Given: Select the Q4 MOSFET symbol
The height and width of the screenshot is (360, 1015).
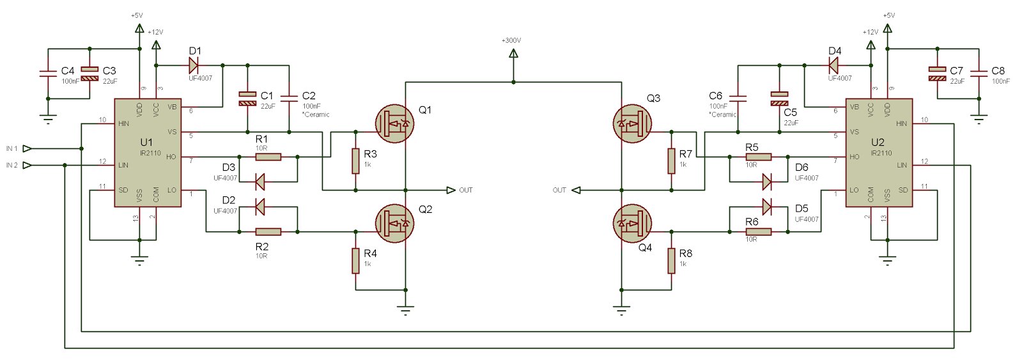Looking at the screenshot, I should [632, 223].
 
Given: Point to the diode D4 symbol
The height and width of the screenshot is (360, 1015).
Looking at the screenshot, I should [833, 65].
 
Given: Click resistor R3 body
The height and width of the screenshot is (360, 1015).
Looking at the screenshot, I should [355, 161].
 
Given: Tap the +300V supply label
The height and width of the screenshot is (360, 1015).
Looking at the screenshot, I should [511, 40].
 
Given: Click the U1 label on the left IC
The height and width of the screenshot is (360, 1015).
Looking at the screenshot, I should [146, 141].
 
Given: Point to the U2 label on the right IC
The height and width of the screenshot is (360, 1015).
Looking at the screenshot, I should [878, 141].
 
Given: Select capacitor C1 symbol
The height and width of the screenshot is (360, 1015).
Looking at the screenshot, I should [247, 98].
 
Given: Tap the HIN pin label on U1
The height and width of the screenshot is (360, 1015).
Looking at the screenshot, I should [125, 123].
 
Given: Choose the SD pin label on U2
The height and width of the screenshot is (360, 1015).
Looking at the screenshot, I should [903, 190].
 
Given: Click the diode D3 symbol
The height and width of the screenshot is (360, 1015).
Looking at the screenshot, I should [260, 182].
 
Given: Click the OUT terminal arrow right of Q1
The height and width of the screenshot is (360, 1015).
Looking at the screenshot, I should [451, 190].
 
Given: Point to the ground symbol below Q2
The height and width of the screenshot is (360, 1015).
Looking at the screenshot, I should [405, 311].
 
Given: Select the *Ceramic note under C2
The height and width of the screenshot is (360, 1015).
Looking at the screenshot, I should [316, 114].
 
